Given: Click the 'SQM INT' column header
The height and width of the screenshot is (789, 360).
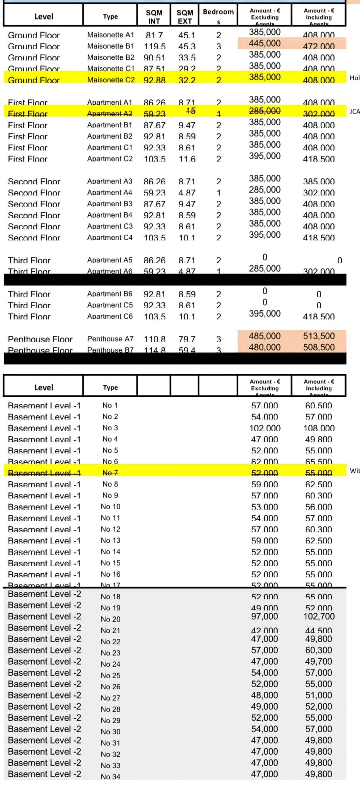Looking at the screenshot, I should (x=154, y=17).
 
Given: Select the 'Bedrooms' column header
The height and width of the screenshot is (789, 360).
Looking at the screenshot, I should (x=218, y=16).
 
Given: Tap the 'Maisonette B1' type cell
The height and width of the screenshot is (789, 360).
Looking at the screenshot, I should (x=111, y=46).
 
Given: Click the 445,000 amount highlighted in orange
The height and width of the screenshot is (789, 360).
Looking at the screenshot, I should (x=264, y=43).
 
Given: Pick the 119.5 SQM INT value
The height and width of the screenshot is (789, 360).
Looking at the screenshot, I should (x=155, y=47).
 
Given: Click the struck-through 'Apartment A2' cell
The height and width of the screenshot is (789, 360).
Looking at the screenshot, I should (x=110, y=114).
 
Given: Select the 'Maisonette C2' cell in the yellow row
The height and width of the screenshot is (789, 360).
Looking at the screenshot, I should (x=111, y=80).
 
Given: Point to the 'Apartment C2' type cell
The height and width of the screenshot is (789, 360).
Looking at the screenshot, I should (x=110, y=159).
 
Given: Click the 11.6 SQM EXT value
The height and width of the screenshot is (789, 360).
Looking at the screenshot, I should (x=187, y=159).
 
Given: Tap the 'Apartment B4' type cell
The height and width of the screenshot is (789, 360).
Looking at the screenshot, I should (x=110, y=215).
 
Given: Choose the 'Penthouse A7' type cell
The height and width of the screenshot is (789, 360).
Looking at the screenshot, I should (x=110, y=339).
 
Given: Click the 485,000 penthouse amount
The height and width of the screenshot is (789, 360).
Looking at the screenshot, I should (x=264, y=336).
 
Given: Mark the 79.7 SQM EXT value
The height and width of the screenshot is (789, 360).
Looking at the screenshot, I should (x=187, y=339).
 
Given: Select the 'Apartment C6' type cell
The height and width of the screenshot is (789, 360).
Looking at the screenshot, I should (x=110, y=316).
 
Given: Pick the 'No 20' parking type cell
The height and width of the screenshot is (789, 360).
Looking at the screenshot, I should (x=111, y=619).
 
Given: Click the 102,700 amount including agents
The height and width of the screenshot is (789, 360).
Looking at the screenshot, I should (x=319, y=616).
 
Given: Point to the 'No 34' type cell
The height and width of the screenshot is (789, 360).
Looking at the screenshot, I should (x=111, y=777).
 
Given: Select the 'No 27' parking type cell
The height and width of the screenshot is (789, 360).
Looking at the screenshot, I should (x=111, y=698).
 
